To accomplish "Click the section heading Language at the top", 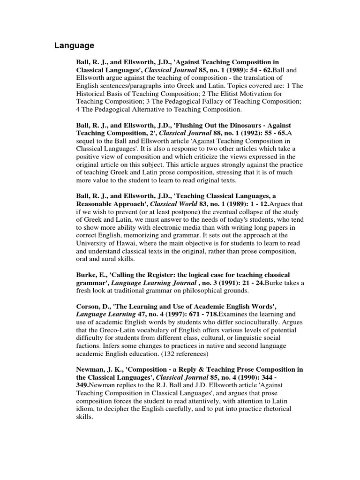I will [x=74, y=45].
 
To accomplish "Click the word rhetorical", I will [x=275, y=409].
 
